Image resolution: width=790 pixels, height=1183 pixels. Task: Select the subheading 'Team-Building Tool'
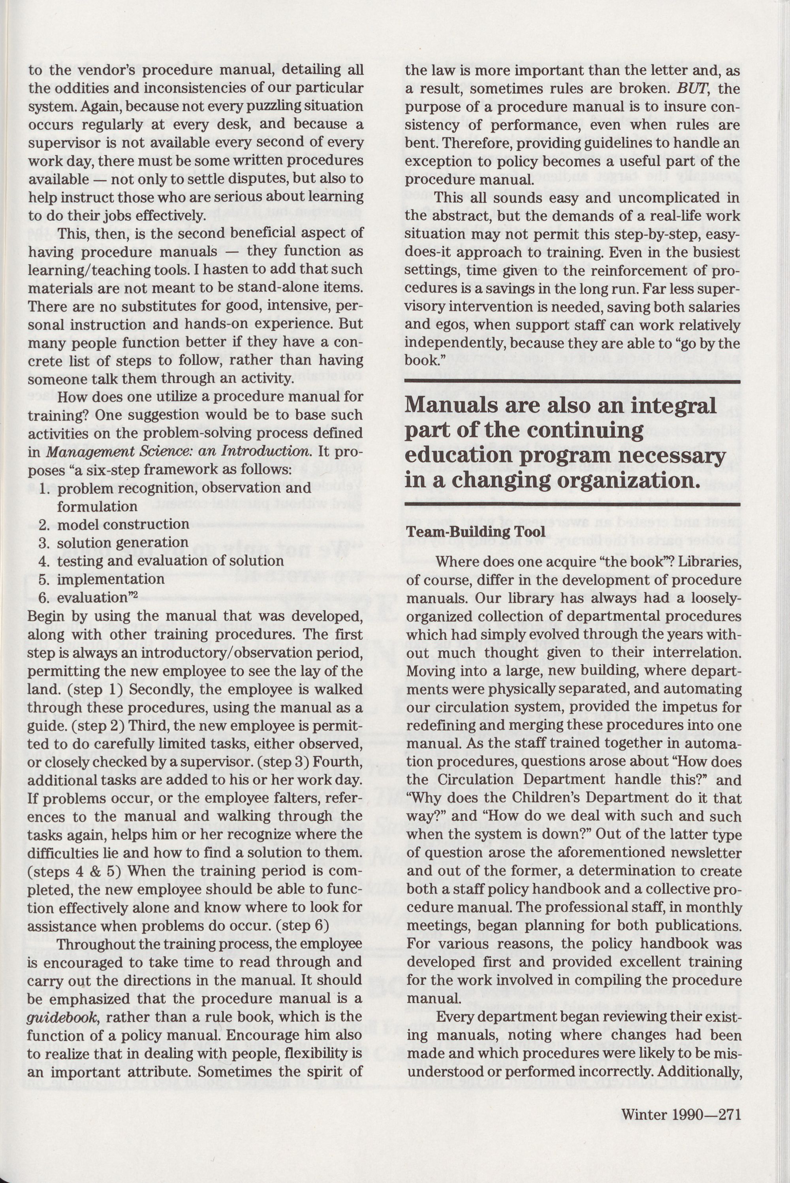tap(476, 532)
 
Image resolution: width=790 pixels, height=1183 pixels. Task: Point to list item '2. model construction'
tap(114, 525)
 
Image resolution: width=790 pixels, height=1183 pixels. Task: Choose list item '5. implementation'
tap(102, 579)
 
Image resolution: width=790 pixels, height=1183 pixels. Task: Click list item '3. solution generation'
tap(113, 543)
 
